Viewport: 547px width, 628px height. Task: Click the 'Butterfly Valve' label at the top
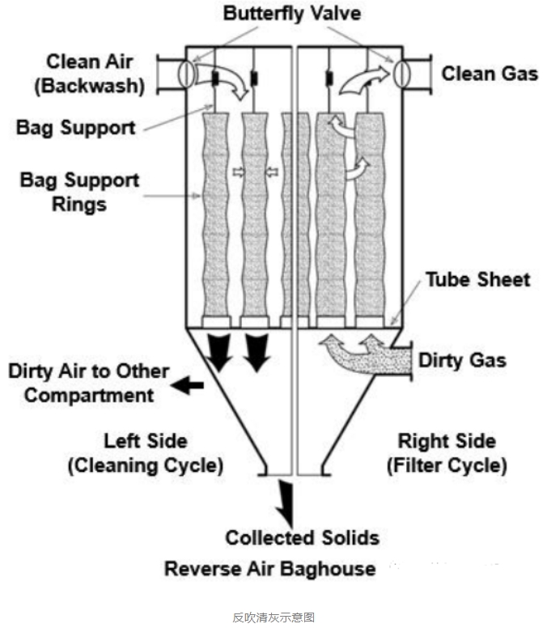293,15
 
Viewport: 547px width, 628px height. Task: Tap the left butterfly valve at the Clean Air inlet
184,74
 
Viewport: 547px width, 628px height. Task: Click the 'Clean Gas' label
489,74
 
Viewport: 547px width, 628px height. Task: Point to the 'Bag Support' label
75,126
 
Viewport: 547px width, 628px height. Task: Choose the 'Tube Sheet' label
477,280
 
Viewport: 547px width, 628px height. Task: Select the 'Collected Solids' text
302,537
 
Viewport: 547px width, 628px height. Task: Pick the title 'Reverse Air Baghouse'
269,568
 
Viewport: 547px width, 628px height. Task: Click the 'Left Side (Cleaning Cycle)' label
146,454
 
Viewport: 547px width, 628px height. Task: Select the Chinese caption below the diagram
273,617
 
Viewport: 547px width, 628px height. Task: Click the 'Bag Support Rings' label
79,191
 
